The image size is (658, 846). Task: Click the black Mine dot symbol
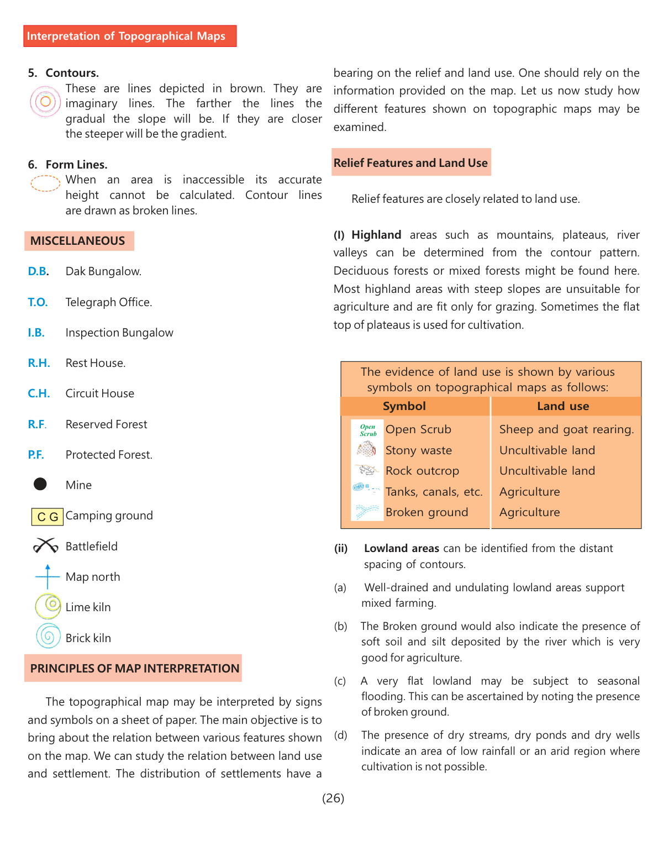pos(40,484)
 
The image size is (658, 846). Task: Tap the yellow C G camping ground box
pos(48,517)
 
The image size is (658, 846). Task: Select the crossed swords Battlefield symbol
pos(45,546)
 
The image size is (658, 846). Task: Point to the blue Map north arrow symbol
pos(48,576)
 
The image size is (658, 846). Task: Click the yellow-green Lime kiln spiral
pos(49,606)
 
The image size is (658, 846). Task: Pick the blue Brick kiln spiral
pos(48,637)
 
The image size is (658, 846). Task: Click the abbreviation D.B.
pos(38,271)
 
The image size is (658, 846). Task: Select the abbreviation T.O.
pos(38,302)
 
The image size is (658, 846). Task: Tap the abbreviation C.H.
pos(39,393)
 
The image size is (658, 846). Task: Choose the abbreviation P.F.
pos(36,455)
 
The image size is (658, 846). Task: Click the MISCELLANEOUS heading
pos(78,241)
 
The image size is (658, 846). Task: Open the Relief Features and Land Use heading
pos(410,163)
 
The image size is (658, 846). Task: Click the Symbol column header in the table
pos(404,406)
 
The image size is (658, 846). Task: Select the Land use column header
pos(563,406)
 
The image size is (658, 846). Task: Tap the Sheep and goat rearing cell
pos(566,429)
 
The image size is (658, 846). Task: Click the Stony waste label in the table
pos(419,450)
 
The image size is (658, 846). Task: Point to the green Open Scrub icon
pos(368,430)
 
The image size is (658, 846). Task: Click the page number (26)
pos(333,798)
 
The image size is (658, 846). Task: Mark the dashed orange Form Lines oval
pos(45,183)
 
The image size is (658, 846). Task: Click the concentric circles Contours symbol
pos(45,102)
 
